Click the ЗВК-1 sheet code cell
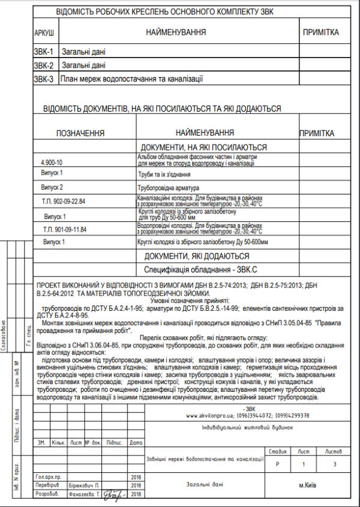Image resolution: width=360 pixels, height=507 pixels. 44,52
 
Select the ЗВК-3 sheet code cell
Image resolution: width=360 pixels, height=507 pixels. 44,78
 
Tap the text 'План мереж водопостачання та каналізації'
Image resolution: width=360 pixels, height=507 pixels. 132,78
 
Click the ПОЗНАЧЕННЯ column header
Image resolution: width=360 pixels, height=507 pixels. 80,133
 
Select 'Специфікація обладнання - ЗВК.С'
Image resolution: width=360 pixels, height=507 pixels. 203,269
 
